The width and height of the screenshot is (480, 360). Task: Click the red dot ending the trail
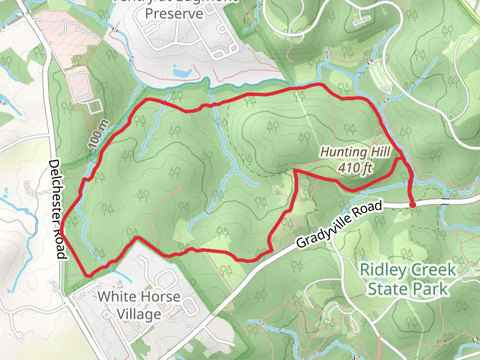tap(412, 205)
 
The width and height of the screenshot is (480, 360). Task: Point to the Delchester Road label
tap(57, 209)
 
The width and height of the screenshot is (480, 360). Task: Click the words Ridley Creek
tap(407, 270)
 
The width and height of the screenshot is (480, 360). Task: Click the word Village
tap(139, 314)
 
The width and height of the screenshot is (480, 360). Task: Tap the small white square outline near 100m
tap(93, 107)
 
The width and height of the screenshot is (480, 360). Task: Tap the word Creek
tap(434, 270)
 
